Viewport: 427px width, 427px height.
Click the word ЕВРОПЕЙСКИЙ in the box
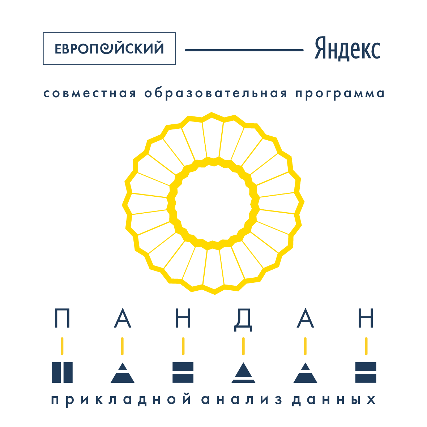click(x=109, y=49)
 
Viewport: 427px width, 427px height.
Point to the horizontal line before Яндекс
click(x=244, y=50)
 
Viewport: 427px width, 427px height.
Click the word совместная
click(x=90, y=94)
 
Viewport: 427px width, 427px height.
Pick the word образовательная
click(x=216, y=94)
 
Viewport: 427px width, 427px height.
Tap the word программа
click(x=340, y=94)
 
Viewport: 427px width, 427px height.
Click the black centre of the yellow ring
click(x=213, y=203)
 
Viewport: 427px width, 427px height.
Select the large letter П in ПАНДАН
click(x=62, y=319)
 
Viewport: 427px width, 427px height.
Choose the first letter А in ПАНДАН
click(x=123, y=319)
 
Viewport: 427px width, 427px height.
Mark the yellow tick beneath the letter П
click(x=62, y=346)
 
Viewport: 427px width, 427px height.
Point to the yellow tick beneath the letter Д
click(x=243, y=346)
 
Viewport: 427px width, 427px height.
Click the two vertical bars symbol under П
click(x=62, y=372)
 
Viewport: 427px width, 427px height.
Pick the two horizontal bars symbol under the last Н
click(x=366, y=372)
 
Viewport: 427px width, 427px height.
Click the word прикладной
click(x=121, y=400)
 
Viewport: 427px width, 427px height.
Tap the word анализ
click(x=242, y=400)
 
